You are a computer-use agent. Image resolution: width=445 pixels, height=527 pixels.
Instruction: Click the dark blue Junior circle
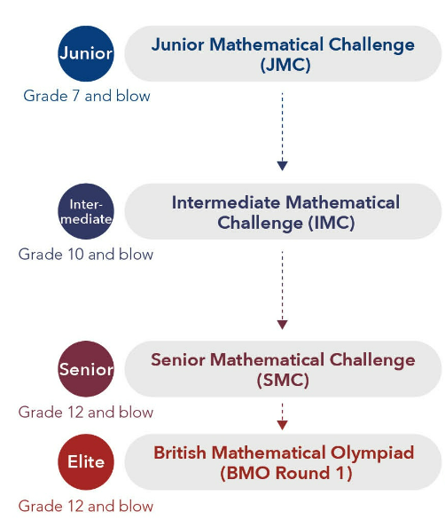pyautogui.click(x=86, y=53)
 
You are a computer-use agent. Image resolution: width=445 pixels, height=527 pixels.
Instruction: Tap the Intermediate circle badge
pyautogui.click(x=85, y=211)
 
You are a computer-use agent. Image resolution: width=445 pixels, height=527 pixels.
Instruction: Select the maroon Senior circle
pyautogui.click(x=85, y=369)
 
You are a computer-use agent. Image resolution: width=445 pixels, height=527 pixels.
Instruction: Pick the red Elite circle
pyautogui.click(x=85, y=461)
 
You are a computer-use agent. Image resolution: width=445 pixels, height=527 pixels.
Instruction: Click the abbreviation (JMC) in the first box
pyautogui.click(x=285, y=65)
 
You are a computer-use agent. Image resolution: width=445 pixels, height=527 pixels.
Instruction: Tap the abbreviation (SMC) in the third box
pyautogui.click(x=283, y=380)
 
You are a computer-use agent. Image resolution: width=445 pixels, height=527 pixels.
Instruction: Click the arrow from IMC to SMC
pyautogui.click(x=282, y=288)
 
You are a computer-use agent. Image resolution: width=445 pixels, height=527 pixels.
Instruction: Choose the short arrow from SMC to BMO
pyautogui.click(x=282, y=415)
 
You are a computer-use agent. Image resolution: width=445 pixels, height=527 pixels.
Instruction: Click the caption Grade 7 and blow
pyautogui.click(x=87, y=95)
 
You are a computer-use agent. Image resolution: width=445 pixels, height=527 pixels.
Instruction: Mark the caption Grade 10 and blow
pyautogui.click(x=86, y=255)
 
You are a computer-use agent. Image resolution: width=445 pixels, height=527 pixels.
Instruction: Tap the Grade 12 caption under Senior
pyautogui.click(x=86, y=413)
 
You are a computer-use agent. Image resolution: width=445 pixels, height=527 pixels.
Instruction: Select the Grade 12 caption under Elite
pyautogui.click(x=86, y=506)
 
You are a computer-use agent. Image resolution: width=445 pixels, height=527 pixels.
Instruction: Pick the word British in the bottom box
pyautogui.click(x=182, y=453)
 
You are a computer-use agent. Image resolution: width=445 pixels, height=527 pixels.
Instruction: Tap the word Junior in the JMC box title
pyautogui.click(x=176, y=44)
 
